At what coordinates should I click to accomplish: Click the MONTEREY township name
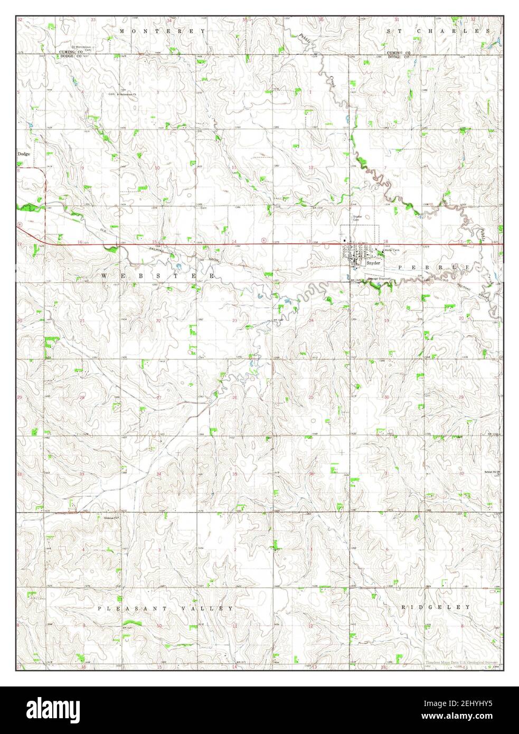(x=162, y=32)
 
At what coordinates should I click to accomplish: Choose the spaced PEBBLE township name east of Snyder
(x=433, y=268)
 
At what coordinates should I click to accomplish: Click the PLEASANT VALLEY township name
(x=165, y=608)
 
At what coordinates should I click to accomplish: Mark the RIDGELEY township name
(x=436, y=607)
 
